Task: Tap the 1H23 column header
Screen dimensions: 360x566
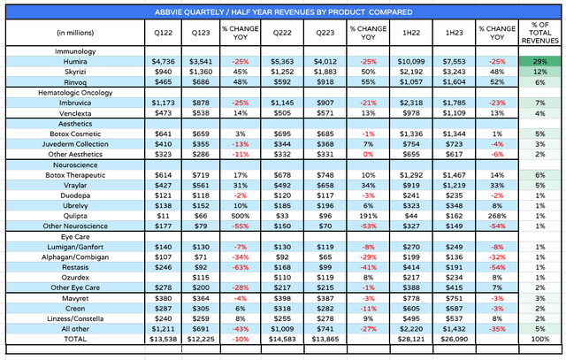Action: click(x=451, y=34)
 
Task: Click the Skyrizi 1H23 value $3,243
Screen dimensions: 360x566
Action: click(x=451, y=71)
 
